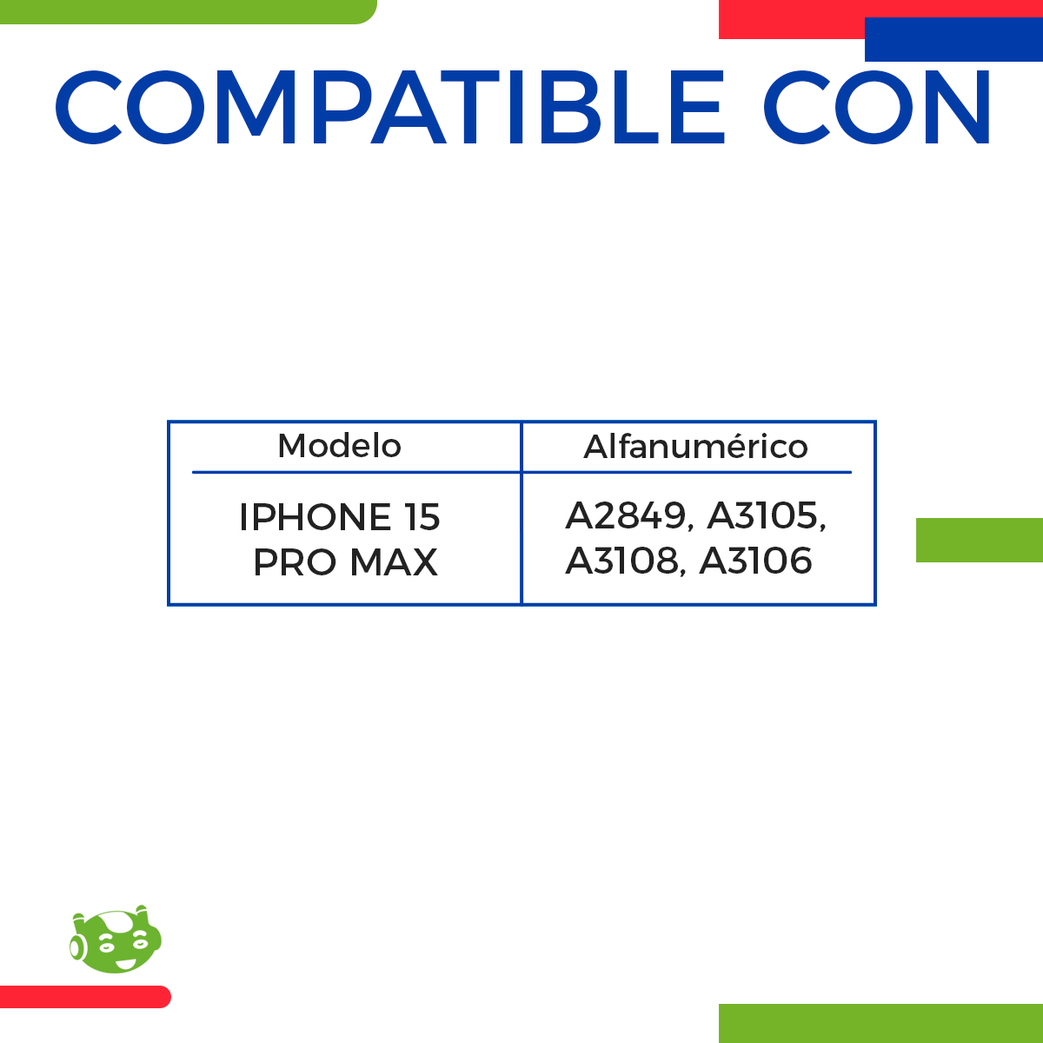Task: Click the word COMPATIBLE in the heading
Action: pos(389,108)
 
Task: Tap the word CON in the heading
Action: pos(878,108)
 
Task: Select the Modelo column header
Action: pos(339,446)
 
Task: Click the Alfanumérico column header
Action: pos(695,447)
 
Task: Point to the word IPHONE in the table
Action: pos(315,517)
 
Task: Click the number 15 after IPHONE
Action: pos(422,517)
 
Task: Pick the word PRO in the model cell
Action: pos(295,562)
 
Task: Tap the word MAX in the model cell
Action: pos(394,562)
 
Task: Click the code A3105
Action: pos(763,516)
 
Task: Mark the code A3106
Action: pos(756,561)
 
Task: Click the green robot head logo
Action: pos(116,940)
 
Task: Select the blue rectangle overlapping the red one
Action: pos(953,40)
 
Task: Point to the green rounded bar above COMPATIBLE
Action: pos(187,11)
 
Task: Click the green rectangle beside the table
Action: pos(980,540)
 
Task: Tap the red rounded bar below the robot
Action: pos(84,997)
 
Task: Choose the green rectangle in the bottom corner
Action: pos(880,1023)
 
